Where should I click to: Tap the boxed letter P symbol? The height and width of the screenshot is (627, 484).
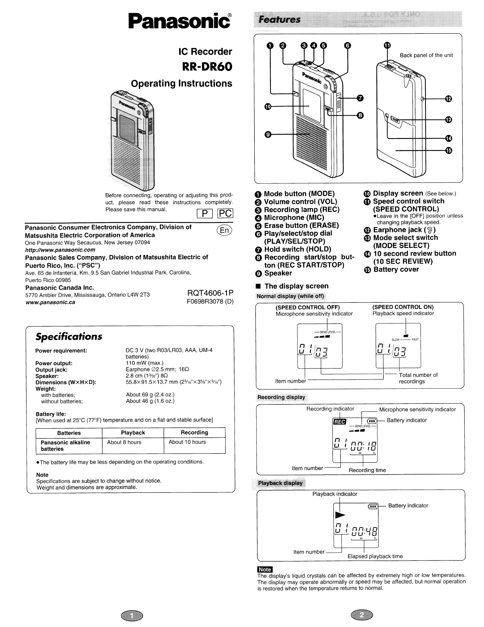(205, 213)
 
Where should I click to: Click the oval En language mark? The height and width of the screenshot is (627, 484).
(224, 230)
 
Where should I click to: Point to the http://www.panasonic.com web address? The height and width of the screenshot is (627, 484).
(60, 250)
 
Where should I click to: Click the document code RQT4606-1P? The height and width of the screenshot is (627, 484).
(210, 293)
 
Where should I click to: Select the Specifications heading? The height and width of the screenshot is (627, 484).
(69, 337)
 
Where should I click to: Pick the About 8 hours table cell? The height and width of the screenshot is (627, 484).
(124, 442)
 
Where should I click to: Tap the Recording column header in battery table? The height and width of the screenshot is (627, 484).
(194, 433)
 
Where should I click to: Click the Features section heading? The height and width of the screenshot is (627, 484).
(280, 20)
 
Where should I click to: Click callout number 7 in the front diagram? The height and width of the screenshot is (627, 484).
(360, 98)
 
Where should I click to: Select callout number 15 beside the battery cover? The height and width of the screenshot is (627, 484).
(448, 150)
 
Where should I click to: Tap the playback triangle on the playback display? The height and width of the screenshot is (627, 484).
(340, 515)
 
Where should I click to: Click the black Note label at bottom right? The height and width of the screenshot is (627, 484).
(265, 570)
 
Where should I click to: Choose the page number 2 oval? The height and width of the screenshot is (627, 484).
(361, 615)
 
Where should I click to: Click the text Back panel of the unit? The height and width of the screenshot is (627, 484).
(426, 55)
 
